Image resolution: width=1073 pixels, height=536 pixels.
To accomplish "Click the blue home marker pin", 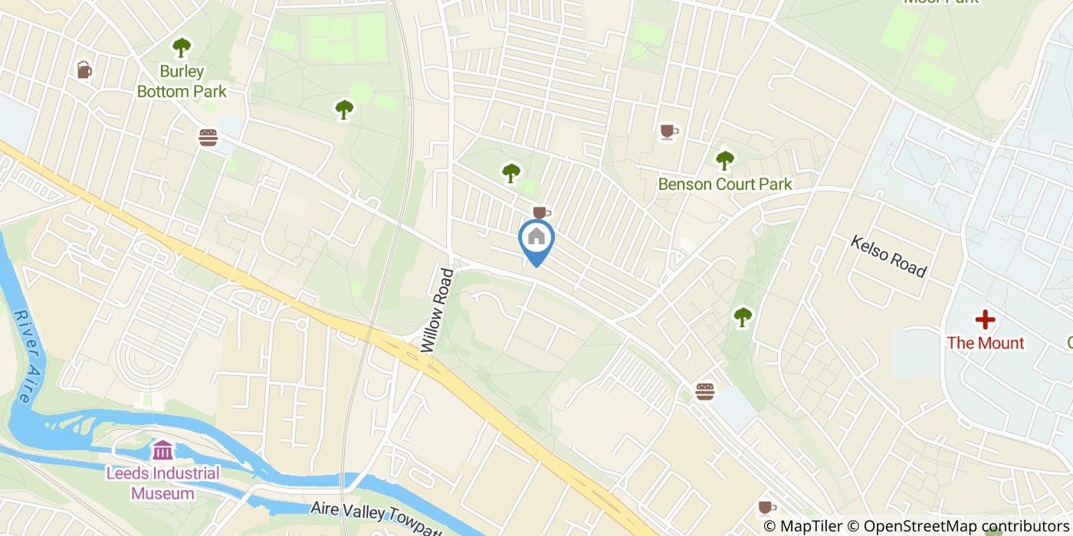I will [536, 239].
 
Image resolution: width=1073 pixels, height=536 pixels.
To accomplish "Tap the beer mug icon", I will [84, 70].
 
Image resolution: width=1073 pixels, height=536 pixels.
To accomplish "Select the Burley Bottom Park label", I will [182, 82].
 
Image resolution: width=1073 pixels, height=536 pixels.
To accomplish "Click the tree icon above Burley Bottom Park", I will [181, 48].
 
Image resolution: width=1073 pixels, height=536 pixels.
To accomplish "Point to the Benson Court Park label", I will [725, 184].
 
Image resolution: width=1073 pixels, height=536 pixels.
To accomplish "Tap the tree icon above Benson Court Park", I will [724, 160].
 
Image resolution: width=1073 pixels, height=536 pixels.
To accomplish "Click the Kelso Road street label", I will [889, 256].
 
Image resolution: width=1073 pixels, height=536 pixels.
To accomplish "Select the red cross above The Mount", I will [985, 319].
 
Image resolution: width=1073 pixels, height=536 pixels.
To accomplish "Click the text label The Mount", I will [985, 342].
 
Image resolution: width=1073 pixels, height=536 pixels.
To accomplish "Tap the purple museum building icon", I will [162, 449].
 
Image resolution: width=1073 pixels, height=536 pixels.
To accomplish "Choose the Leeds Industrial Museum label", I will [162, 482].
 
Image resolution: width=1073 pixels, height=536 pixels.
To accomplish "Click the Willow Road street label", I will [438, 309].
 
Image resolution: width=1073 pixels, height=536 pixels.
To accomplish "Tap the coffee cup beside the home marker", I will [541, 211].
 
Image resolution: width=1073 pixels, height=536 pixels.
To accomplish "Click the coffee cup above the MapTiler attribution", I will [766, 507].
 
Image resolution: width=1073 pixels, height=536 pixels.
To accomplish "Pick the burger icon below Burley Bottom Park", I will [208, 137].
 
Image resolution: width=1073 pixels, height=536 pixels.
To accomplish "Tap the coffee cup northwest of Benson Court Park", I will [669, 132].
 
